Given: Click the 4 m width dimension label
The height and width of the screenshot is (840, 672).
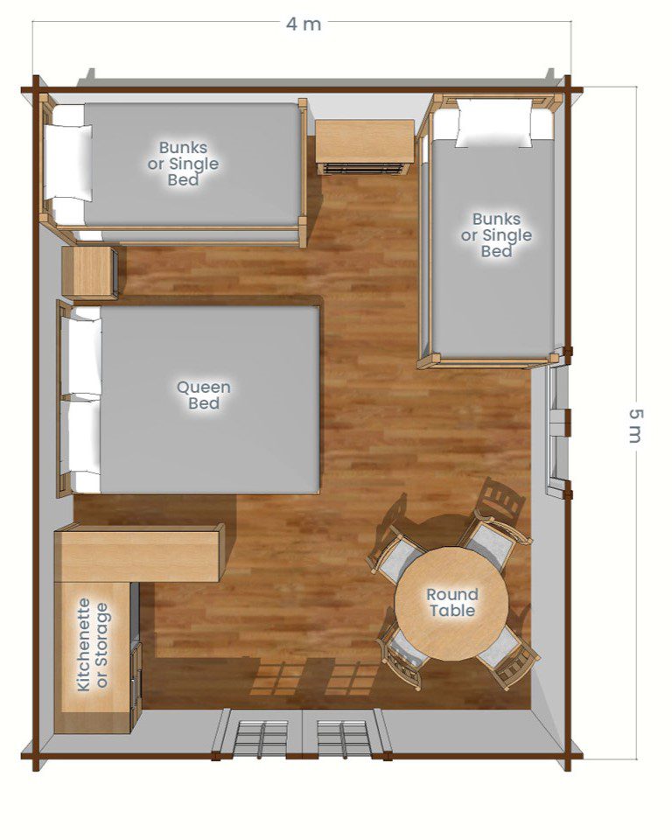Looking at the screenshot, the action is pyautogui.click(x=304, y=24).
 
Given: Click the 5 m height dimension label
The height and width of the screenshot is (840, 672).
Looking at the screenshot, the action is pyautogui.click(x=635, y=426).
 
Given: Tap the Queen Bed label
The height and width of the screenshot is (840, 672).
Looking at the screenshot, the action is pyautogui.click(x=204, y=395).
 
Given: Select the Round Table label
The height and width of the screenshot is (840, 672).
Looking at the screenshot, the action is pyautogui.click(x=452, y=602).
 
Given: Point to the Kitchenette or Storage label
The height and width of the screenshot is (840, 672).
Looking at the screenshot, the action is pyautogui.click(x=94, y=645).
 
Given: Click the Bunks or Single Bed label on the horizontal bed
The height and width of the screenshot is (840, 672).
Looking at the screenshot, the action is pyautogui.click(x=183, y=164).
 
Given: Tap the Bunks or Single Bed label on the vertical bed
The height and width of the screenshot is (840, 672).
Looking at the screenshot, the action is pyautogui.click(x=497, y=235).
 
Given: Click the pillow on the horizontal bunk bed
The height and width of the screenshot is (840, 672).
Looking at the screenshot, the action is pyautogui.click(x=67, y=163).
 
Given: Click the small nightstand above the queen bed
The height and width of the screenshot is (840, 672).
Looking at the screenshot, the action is pyautogui.click(x=89, y=271).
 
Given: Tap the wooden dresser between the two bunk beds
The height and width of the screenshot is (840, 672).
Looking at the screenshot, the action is pyautogui.click(x=364, y=146).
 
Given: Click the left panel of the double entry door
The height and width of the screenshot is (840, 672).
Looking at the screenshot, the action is pyautogui.click(x=261, y=735).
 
